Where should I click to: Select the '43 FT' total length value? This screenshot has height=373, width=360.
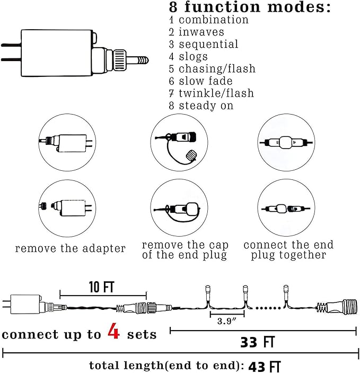(x=264, y=366)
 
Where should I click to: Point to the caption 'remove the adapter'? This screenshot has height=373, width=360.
(x=71, y=248)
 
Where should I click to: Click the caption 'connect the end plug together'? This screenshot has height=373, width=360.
(x=288, y=250)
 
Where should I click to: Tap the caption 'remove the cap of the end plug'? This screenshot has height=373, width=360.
(x=185, y=250)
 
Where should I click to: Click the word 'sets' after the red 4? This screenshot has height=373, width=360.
(x=141, y=334)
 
